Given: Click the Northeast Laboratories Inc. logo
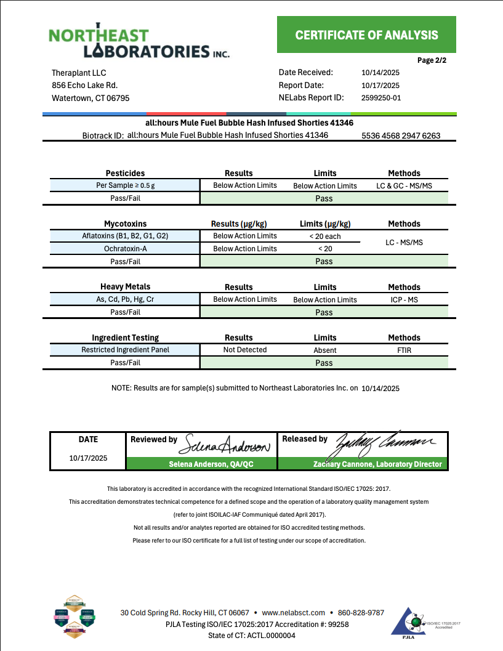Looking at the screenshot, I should click(x=139, y=42).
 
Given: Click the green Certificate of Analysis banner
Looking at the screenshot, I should click(x=366, y=34).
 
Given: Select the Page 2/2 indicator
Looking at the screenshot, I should click(x=432, y=60).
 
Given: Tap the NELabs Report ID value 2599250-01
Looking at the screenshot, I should click(x=381, y=97).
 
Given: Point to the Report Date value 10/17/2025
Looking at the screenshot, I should click(x=380, y=86).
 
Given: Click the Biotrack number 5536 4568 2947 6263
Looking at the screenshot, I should click(x=401, y=135).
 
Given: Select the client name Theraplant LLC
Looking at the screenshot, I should click(x=79, y=73).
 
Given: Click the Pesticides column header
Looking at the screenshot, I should click(x=125, y=173).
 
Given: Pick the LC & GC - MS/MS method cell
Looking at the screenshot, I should click(x=404, y=185).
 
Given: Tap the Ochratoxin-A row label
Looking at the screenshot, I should click(x=125, y=249).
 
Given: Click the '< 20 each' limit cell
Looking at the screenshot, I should click(x=324, y=237).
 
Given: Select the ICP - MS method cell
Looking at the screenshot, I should click(x=404, y=299).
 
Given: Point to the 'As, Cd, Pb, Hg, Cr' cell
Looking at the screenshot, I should click(x=125, y=299).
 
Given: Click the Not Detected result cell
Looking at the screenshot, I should click(x=244, y=350).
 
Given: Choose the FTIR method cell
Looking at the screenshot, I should click(x=404, y=350).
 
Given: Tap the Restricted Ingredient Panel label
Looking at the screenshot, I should click(x=125, y=350).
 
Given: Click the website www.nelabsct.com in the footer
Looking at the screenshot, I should click(x=293, y=612).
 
